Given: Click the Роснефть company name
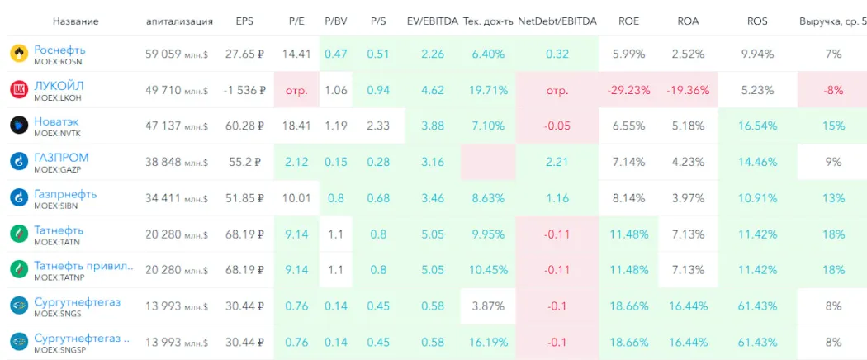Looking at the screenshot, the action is [x=59, y=50].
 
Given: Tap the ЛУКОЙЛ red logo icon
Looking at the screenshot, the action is [x=19, y=89].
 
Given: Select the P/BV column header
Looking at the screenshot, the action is [x=335, y=21].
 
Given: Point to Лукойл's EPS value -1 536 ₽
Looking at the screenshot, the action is [x=244, y=90].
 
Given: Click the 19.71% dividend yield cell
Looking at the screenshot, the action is [x=488, y=90].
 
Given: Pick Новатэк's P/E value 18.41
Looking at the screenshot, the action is [x=296, y=126].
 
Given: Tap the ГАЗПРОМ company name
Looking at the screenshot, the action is [x=61, y=158].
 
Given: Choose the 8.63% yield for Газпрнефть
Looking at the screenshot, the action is [x=488, y=198].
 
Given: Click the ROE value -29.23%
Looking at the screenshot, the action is [x=628, y=90].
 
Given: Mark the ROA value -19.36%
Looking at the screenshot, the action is [x=688, y=90].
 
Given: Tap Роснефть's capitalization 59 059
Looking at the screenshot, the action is [x=163, y=54].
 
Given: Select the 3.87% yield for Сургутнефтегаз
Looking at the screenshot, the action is [x=488, y=306].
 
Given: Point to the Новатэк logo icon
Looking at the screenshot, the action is [x=19, y=126].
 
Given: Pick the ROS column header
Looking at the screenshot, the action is [x=757, y=21].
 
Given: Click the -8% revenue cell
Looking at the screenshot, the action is [x=833, y=90].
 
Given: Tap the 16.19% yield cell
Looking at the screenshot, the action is [x=488, y=342].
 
